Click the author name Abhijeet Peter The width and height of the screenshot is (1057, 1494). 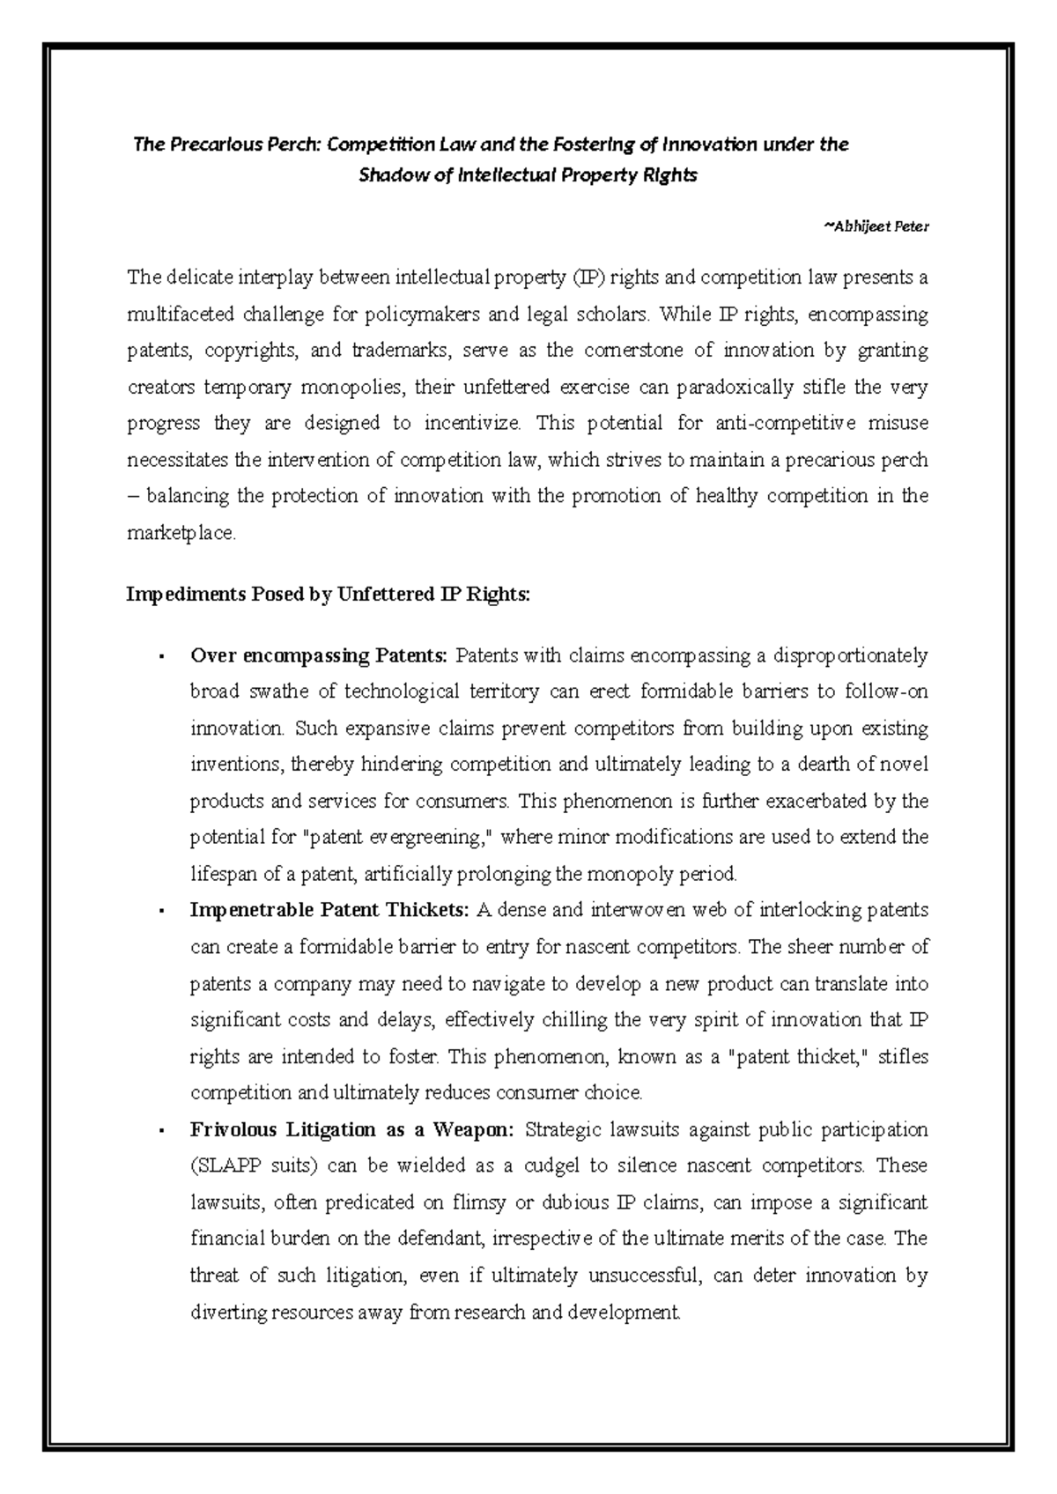pyautogui.click(x=876, y=226)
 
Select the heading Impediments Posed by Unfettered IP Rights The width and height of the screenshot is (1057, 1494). pyautogui.click(x=329, y=595)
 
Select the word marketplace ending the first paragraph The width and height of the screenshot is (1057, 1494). pyautogui.click(x=181, y=534)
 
